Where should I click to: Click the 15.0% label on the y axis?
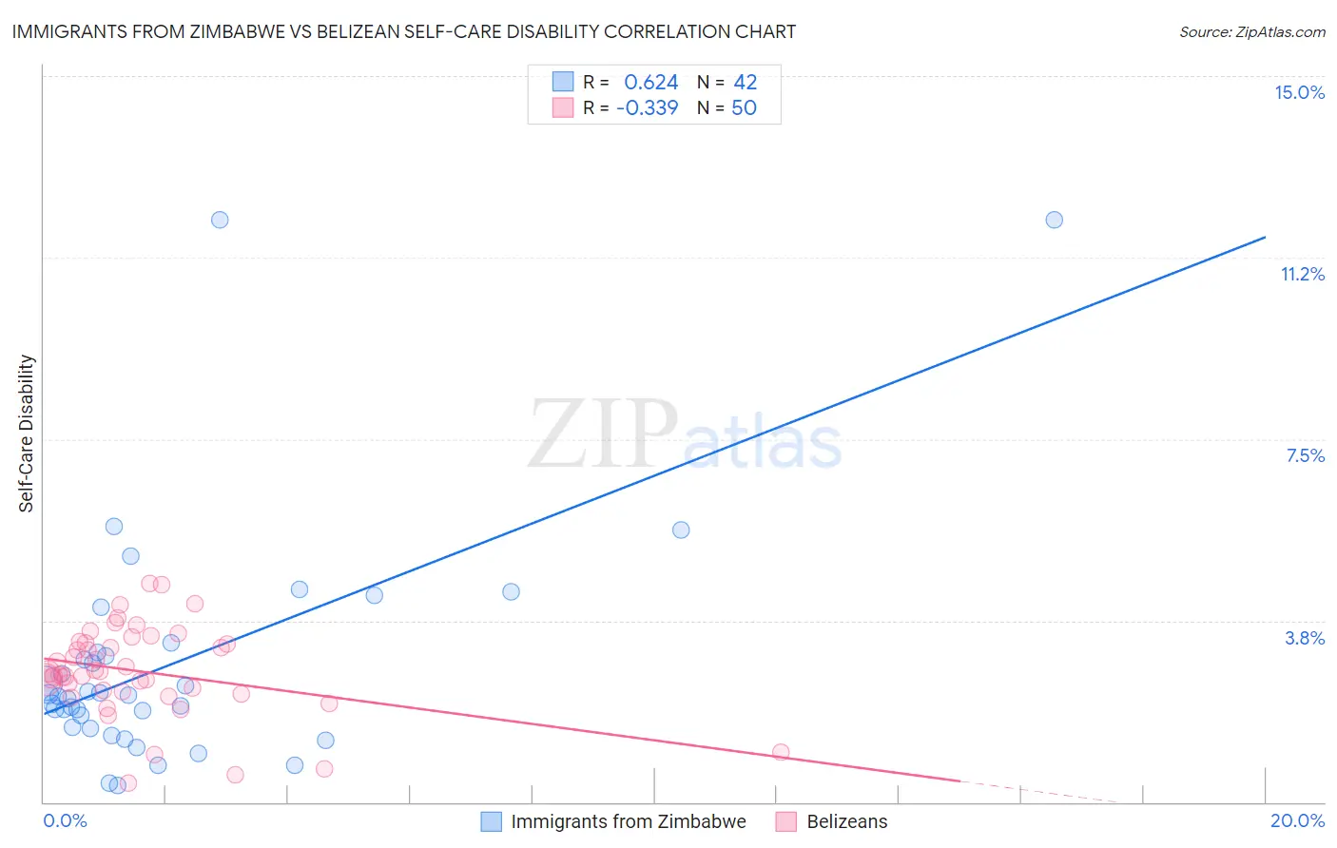1299,92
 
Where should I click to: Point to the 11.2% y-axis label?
1302,274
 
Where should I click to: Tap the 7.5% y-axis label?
1305,455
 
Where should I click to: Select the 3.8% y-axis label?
1305,638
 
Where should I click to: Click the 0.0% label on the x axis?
65,820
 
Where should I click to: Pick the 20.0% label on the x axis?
1297,820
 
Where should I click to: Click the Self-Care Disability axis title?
27,434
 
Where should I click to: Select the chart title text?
404,31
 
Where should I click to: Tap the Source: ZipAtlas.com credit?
1251,31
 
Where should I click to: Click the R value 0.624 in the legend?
650,83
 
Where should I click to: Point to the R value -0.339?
647,107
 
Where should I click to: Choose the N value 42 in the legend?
745,83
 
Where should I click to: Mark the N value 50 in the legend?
744,107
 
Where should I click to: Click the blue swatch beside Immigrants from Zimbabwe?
491,821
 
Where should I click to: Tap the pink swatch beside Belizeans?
786,821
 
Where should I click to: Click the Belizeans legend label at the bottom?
846,821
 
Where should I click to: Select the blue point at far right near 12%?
1054,220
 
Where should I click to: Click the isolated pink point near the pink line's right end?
781,752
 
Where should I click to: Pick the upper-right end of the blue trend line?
1265,237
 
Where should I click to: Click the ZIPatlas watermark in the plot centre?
685,435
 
